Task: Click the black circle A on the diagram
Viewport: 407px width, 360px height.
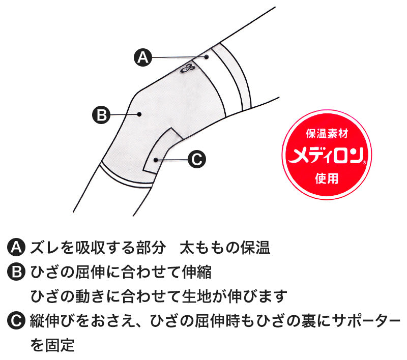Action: [x=143, y=57]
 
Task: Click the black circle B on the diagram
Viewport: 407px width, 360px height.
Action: [x=101, y=114]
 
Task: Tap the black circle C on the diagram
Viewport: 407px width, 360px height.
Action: [x=196, y=159]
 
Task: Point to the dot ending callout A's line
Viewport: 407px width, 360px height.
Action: [x=207, y=57]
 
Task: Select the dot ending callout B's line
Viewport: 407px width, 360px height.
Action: [x=139, y=114]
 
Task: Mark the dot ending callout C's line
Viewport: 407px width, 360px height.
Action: [x=156, y=160]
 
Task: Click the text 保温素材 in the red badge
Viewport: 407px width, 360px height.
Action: [x=327, y=134]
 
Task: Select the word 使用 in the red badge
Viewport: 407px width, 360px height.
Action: [x=327, y=178]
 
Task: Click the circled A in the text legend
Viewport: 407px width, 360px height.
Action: [x=16, y=248]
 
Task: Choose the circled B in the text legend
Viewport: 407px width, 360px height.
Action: [x=16, y=272]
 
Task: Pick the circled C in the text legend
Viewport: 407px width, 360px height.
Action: [x=16, y=321]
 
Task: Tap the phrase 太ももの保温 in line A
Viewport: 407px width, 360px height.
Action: [x=225, y=248]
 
